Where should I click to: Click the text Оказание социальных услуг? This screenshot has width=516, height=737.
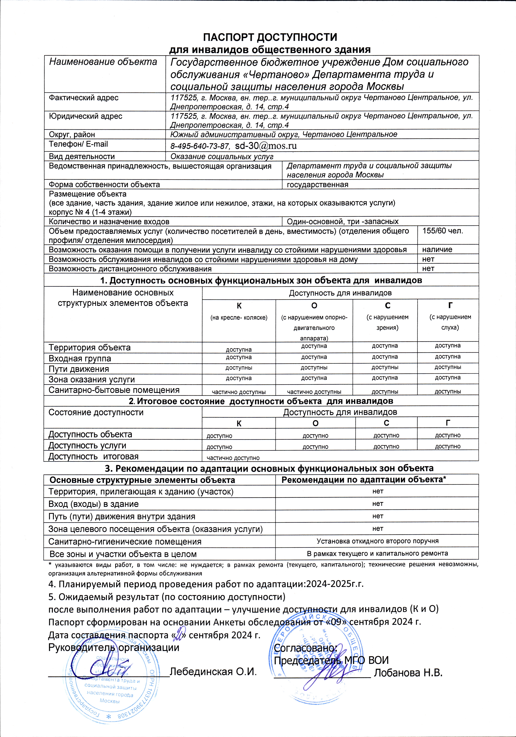click(222, 157)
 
